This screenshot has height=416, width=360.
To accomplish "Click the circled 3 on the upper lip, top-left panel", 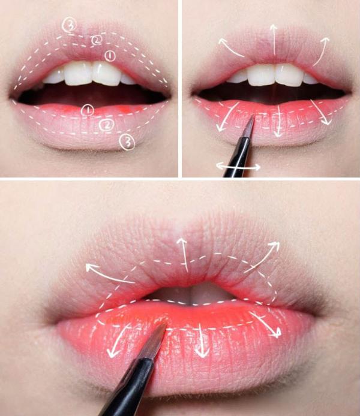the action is (x=69, y=25).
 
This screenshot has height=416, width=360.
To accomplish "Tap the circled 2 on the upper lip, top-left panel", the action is (x=97, y=40).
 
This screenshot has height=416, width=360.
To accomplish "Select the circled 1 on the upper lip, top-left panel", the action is (x=110, y=56).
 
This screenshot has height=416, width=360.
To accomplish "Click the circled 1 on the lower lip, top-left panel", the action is (x=88, y=110).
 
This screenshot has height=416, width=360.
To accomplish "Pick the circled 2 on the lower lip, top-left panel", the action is (x=107, y=125).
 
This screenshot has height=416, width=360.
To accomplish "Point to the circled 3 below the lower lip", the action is (x=127, y=143).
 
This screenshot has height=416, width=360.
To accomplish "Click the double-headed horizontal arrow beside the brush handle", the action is (x=238, y=167).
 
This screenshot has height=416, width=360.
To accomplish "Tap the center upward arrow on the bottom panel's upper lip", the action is (x=184, y=254).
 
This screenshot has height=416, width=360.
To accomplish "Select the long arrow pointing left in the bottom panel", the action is (x=109, y=273).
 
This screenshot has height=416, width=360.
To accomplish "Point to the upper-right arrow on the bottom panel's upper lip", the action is (x=263, y=256).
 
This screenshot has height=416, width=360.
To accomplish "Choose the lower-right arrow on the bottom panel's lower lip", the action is (x=265, y=324).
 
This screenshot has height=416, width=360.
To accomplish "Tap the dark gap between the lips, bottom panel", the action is (x=189, y=293).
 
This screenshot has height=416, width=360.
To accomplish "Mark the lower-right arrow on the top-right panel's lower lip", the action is (x=321, y=111).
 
